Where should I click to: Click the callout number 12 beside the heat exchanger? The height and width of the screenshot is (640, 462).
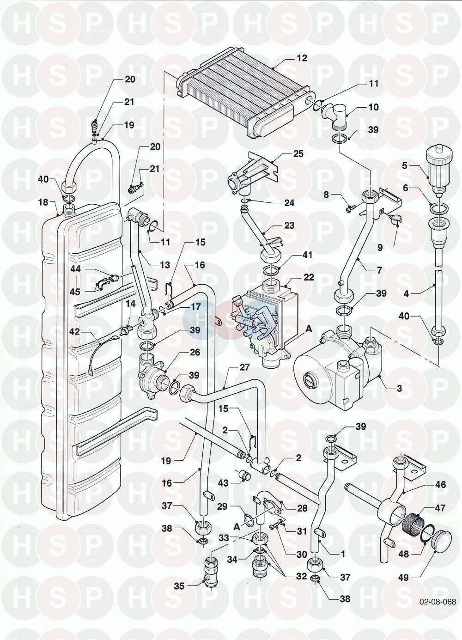pos(302,58)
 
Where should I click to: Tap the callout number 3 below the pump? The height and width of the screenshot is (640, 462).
pos(400,388)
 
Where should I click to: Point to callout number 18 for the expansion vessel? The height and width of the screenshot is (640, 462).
pos(43,202)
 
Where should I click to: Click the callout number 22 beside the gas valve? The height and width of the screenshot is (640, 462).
pos(309,277)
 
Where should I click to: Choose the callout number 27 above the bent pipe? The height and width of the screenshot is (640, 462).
pos(244,367)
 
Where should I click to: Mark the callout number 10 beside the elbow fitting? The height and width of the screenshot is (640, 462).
pos(373,107)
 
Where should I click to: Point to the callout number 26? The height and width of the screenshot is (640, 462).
pos(194,352)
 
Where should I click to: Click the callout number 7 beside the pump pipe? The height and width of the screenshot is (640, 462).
pos(379,270)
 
